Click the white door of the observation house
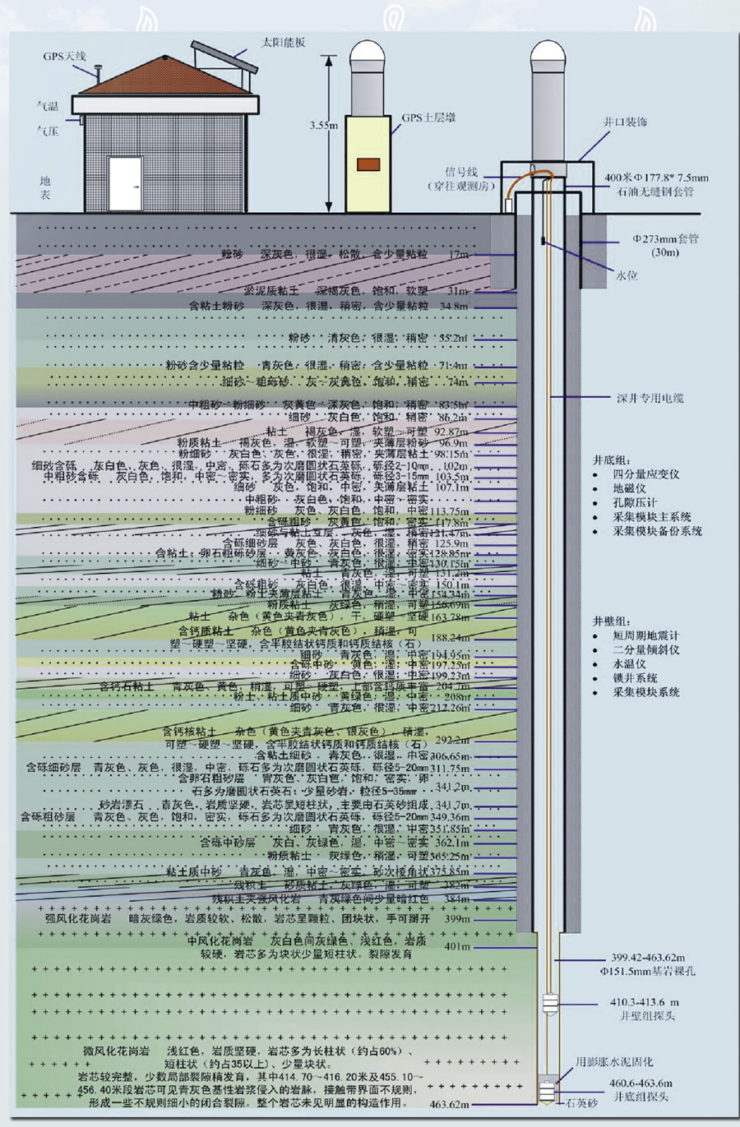[x=125, y=183]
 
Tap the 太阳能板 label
[x=283, y=42]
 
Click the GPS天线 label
[x=65, y=56]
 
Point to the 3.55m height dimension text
[x=323, y=126]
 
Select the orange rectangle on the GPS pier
[x=368, y=163]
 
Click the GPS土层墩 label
[x=428, y=118]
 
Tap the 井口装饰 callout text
[x=626, y=122]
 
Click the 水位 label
[x=627, y=276]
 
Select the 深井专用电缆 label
[x=650, y=398]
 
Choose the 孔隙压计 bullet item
[x=635, y=502]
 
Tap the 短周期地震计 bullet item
[x=646, y=635]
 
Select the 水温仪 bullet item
[x=629, y=663]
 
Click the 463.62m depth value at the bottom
[x=450, y=1105]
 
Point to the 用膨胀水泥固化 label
[x=615, y=1061]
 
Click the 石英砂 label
[x=581, y=1103]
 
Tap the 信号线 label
[x=461, y=172]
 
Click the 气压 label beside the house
[x=48, y=131]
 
